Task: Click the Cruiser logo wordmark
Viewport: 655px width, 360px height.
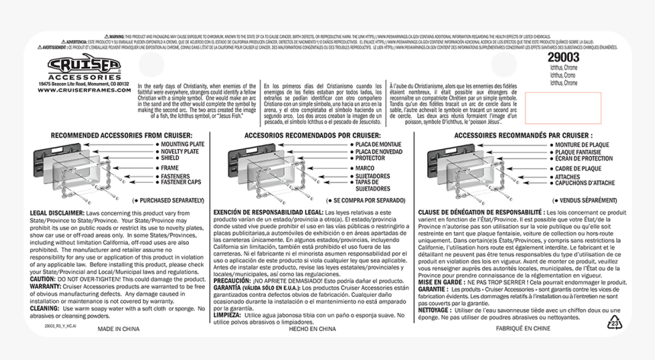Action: pyautogui.click(x=84, y=65)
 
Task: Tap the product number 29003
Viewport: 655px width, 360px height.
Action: pyautogui.click(x=564, y=57)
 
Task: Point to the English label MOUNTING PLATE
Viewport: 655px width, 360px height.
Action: pyautogui.click(x=182, y=144)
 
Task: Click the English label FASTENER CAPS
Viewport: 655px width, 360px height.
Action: pyautogui.click(x=181, y=182)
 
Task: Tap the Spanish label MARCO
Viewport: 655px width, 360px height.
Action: pyautogui.click(x=365, y=167)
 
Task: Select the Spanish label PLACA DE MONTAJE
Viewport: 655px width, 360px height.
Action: pyautogui.click(x=378, y=144)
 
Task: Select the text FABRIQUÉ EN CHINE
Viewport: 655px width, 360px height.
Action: pyautogui.click(x=523, y=330)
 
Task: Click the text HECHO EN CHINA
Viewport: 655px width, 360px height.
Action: pyautogui.click(x=312, y=330)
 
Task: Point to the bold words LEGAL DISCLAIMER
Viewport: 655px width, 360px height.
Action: pyautogui.click(x=56, y=213)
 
